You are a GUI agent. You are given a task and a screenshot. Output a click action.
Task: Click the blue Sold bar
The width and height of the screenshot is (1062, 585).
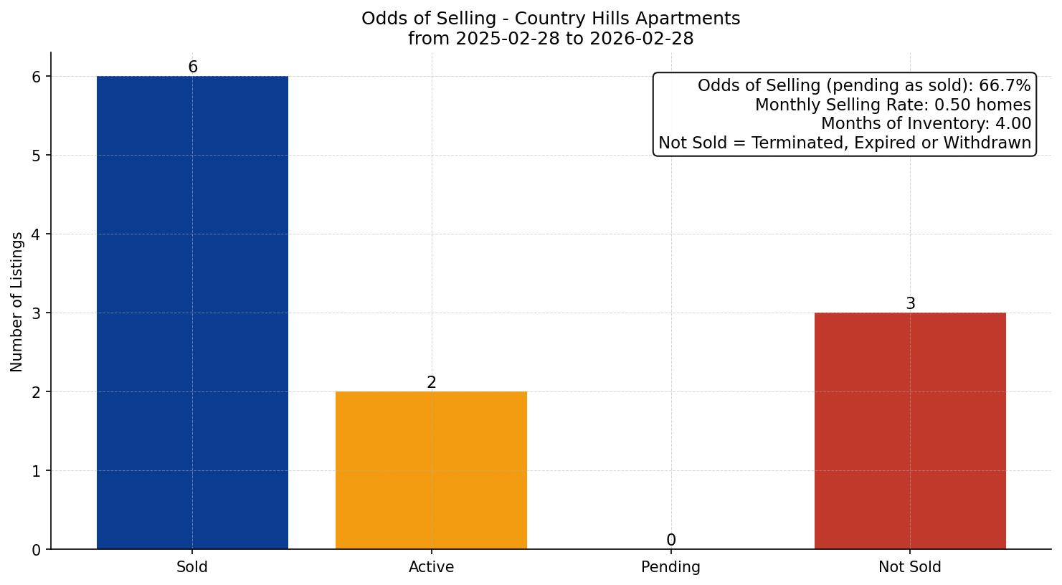[192, 313]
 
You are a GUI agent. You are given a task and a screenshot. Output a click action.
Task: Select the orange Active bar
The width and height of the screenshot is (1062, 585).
[431, 470]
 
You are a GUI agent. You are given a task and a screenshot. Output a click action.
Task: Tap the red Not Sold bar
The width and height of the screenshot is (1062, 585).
[910, 431]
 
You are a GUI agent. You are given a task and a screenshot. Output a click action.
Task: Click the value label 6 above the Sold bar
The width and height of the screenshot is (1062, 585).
[193, 67]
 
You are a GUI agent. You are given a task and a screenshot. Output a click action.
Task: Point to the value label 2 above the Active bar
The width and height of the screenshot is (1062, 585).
[432, 383]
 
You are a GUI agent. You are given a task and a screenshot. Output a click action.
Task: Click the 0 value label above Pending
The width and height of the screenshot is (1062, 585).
[671, 541]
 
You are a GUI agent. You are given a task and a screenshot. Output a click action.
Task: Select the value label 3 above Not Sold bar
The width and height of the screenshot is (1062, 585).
[911, 304]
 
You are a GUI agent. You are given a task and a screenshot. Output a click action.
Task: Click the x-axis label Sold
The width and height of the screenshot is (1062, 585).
[192, 567]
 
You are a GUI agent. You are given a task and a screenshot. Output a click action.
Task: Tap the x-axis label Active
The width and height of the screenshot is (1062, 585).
[431, 567]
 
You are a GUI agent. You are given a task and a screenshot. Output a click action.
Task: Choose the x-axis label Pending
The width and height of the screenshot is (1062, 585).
[670, 567]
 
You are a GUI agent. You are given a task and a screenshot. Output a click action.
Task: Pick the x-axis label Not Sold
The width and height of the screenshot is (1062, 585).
[910, 567]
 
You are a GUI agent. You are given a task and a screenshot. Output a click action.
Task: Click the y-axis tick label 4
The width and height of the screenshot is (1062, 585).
[37, 234]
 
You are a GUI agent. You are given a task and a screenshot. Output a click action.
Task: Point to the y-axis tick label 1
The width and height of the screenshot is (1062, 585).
[37, 471]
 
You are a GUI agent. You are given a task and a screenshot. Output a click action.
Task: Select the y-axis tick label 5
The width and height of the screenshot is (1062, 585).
[37, 156]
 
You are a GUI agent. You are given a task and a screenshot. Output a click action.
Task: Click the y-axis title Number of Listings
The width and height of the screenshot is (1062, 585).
[17, 301]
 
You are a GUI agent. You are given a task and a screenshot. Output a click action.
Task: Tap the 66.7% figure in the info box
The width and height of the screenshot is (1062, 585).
[1005, 86]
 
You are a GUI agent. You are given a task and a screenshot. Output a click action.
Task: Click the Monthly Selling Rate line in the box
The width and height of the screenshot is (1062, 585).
[893, 105]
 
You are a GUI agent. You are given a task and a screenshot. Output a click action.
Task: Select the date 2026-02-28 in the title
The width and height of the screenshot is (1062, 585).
[642, 39]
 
